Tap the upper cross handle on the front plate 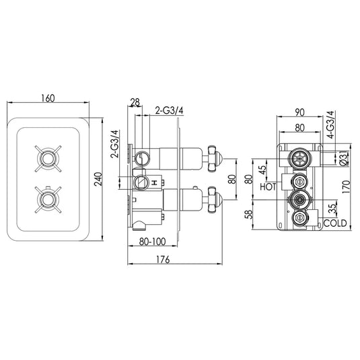tap(48, 159)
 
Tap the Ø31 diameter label tap(343, 159)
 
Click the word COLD tap(335, 223)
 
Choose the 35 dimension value tap(332, 209)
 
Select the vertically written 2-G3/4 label tap(114, 143)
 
